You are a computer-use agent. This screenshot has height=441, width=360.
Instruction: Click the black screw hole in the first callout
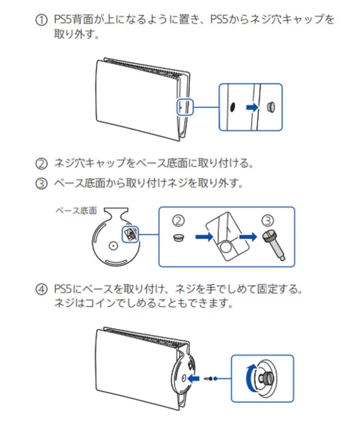coord(232,107)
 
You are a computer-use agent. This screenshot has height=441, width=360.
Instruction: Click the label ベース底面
coord(76,211)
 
